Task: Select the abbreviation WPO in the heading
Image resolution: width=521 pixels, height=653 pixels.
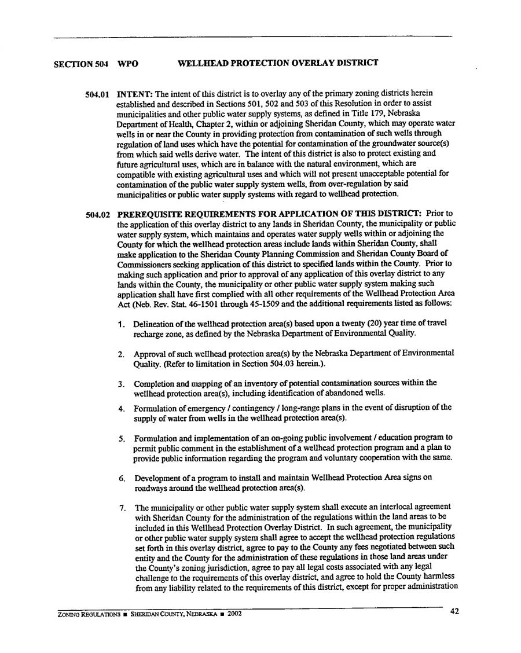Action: click(128, 63)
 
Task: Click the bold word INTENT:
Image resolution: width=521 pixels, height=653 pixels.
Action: click(135, 94)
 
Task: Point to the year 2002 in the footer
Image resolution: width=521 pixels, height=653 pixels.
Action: click(234, 614)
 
